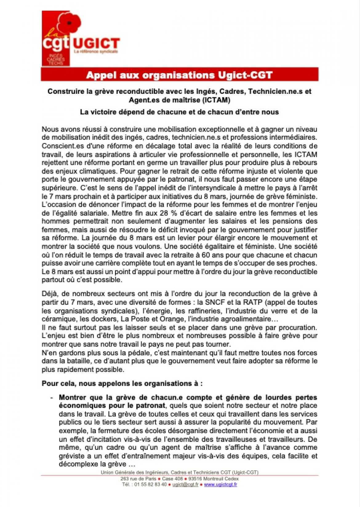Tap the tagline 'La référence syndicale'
click(96, 52)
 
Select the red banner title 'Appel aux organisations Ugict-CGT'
click(179, 75)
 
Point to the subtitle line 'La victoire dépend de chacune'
click(179, 112)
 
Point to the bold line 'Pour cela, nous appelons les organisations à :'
click(122, 384)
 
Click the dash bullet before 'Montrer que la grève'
click(51, 397)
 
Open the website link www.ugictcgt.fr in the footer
click(220, 485)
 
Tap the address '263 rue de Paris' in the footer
click(137, 479)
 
